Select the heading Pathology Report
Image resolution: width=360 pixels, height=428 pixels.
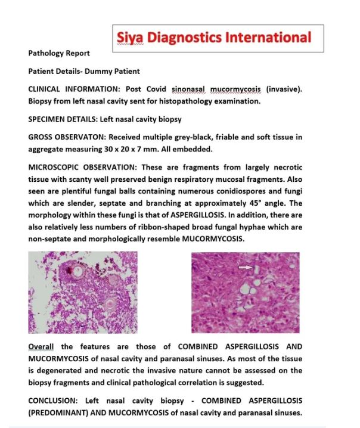(59, 54)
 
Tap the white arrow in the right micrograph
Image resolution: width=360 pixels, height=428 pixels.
(245, 268)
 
